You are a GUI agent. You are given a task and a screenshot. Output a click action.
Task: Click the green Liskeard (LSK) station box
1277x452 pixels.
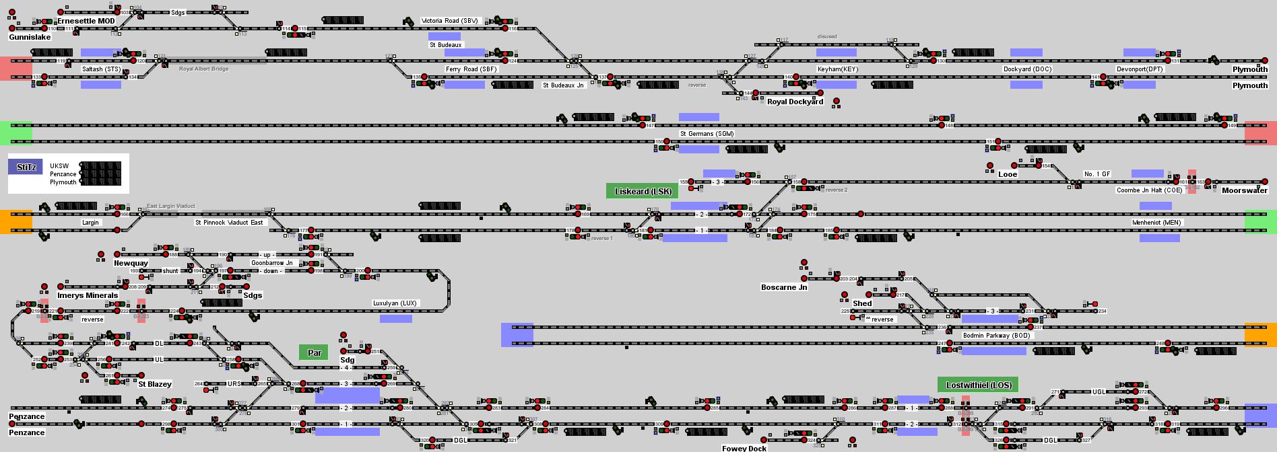[x=643, y=191]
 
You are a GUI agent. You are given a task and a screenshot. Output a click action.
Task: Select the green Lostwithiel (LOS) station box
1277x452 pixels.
[x=978, y=385]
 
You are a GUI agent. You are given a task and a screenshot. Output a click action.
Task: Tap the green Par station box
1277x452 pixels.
[x=315, y=352]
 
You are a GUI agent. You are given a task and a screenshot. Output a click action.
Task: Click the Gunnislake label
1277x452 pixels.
[x=30, y=38]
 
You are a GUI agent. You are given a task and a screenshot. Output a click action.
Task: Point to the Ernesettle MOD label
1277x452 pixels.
[x=86, y=21]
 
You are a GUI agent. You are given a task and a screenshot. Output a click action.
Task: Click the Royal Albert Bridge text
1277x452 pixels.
[x=203, y=69]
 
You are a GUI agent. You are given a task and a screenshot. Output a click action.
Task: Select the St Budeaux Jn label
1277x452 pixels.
[x=563, y=85]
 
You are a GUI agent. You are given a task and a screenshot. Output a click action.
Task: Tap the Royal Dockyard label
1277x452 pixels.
[x=795, y=102]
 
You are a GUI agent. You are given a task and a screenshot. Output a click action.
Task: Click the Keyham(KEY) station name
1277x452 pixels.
[x=838, y=69]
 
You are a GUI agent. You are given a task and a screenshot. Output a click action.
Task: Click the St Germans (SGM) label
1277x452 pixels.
[x=707, y=134]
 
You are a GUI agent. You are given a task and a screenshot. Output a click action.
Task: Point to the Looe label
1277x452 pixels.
[x=1008, y=174]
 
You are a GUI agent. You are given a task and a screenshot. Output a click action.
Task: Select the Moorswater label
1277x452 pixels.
[x=1245, y=190]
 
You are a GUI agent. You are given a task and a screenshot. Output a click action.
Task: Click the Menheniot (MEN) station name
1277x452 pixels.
[x=1156, y=223]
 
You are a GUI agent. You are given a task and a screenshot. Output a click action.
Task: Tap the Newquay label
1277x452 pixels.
[x=131, y=263]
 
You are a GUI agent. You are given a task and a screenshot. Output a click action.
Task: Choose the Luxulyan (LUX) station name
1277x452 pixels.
[x=395, y=303]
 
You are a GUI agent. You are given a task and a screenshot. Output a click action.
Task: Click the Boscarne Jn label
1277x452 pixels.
[x=784, y=287]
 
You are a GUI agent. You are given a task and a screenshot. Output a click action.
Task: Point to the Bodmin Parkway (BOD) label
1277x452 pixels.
[x=996, y=336]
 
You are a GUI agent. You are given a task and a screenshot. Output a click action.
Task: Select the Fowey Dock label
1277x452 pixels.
[x=744, y=449]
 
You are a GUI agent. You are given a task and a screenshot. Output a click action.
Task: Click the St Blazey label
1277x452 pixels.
[x=155, y=384]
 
